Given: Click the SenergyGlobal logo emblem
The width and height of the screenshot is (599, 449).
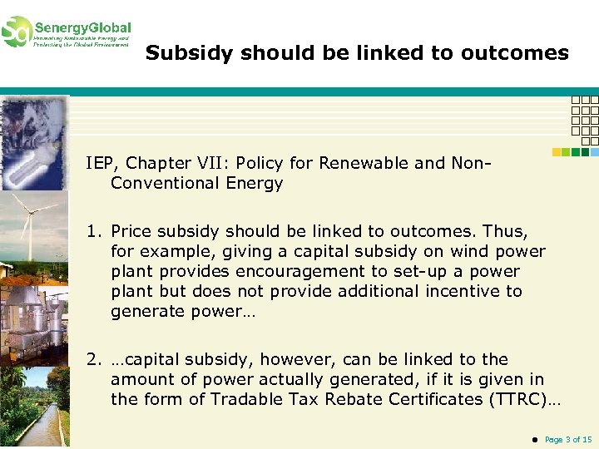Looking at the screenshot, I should coord(17,32).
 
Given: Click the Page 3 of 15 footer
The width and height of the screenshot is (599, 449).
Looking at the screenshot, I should coord(568,439).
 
